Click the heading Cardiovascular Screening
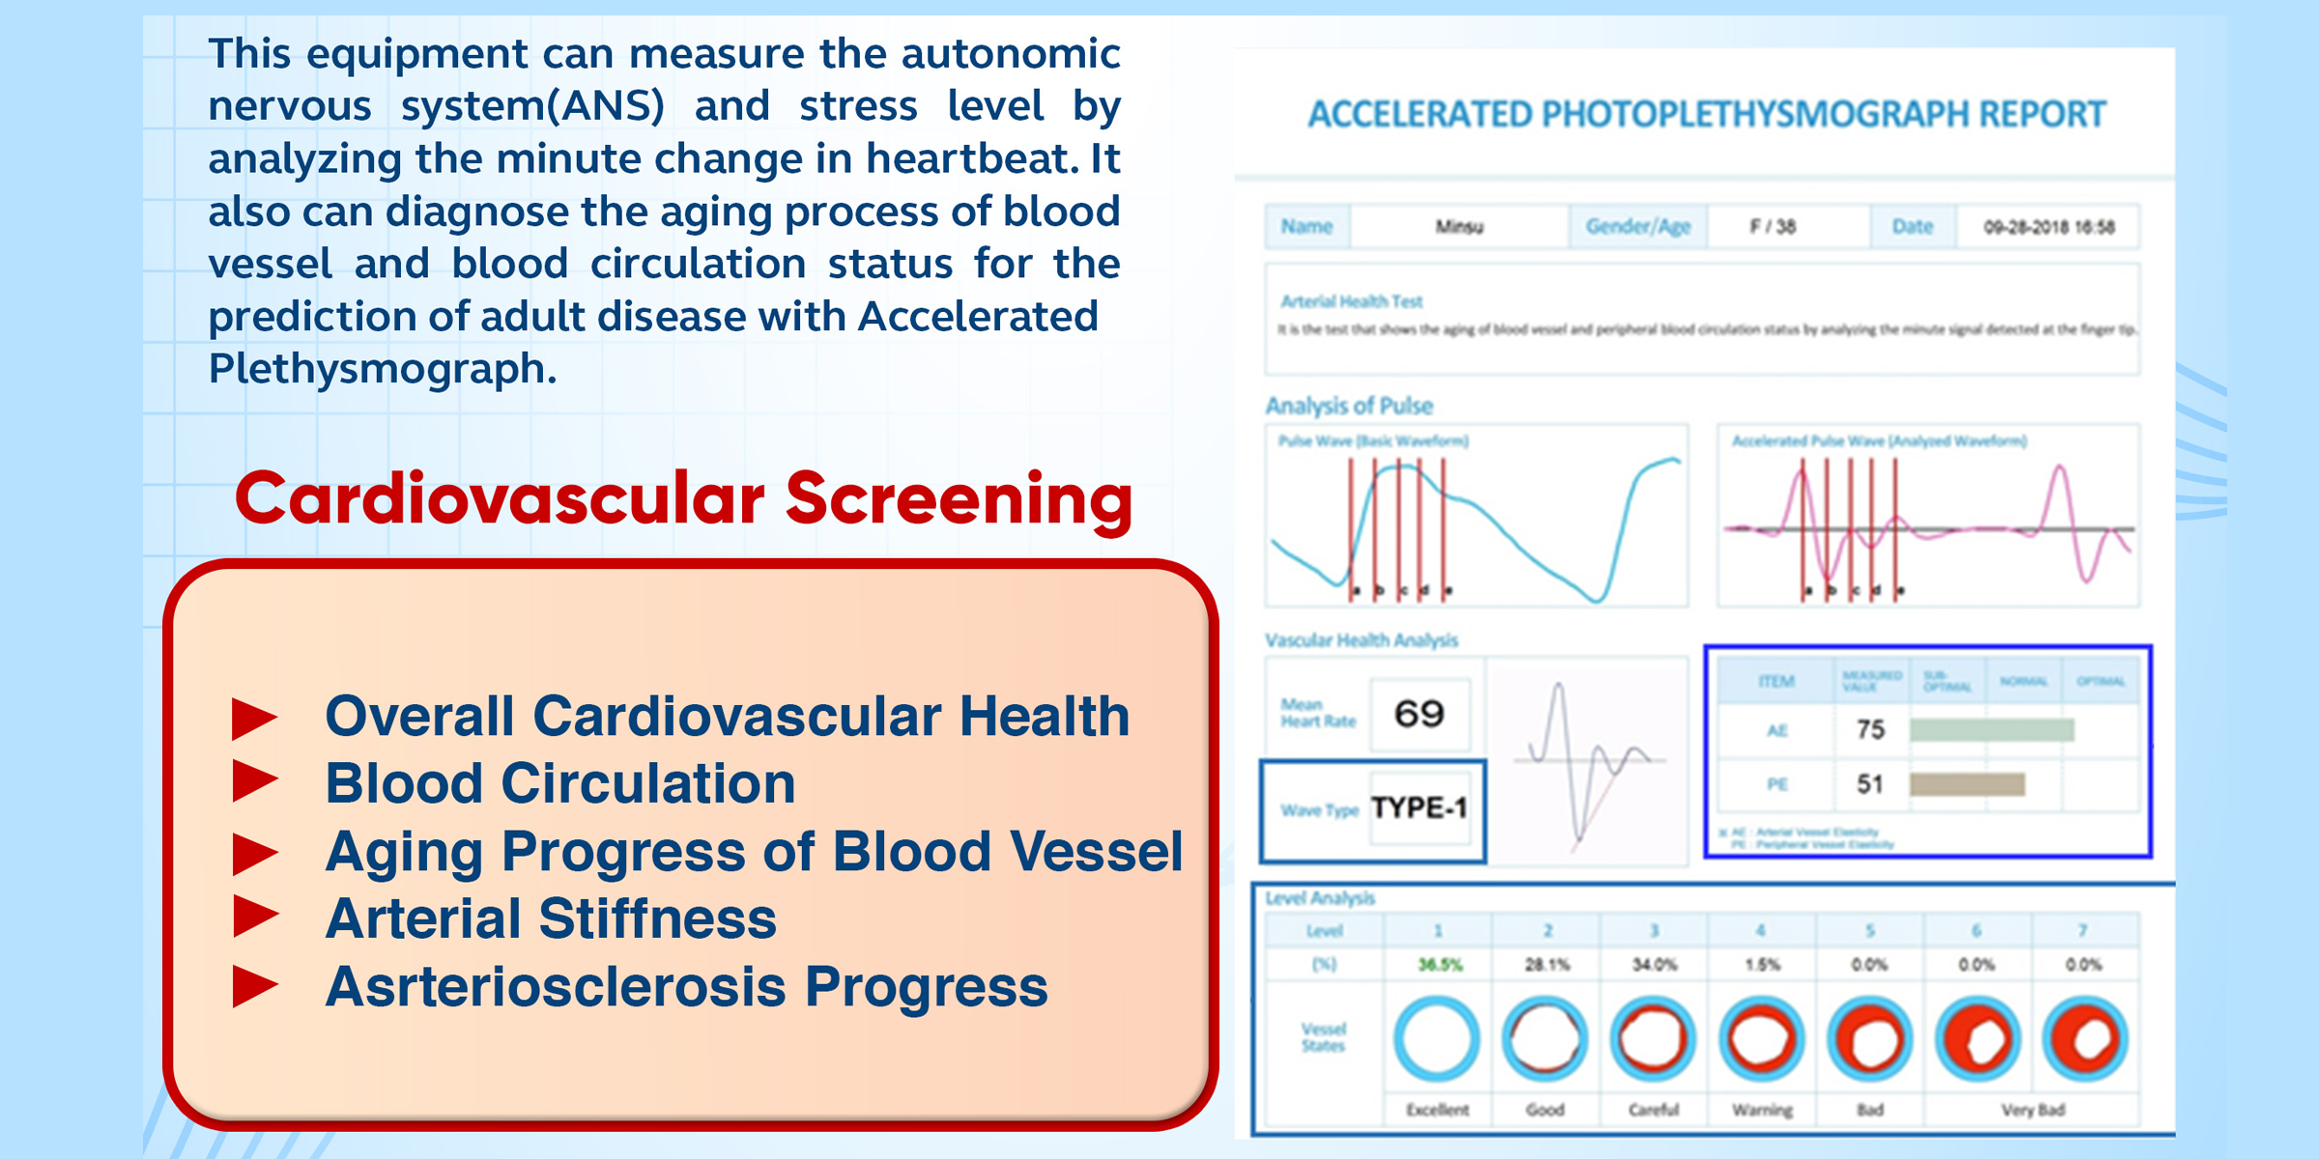(683, 499)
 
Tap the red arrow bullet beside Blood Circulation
(255, 781)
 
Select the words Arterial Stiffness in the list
(551, 919)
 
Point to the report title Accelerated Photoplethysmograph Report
(1706, 114)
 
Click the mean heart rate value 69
(1418, 714)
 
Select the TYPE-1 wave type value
(1418, 807)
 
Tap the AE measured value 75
(1871, 729)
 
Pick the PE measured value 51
(1870, 784)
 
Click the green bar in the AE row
(1991, 729)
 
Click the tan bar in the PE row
(1967, 784)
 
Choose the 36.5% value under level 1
(1440, 964)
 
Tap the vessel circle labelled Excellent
(1437, 1038)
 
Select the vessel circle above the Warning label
(1761, 1038)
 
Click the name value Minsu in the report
(1459, 227)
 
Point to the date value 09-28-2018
(2048, 227)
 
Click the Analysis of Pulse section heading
(1349, 406)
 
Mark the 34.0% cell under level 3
(1654, 964)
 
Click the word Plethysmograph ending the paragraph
(382, 369)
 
